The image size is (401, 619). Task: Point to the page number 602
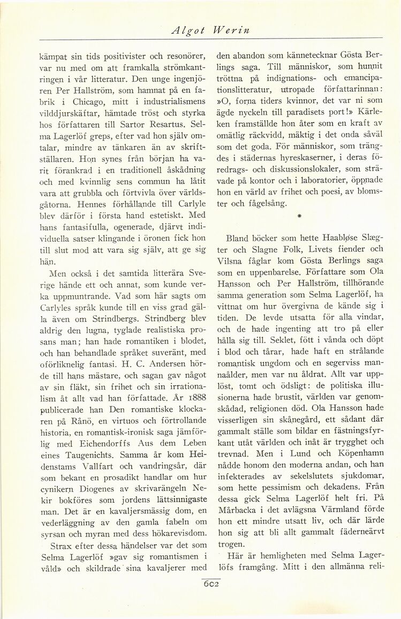click(211, 584)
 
